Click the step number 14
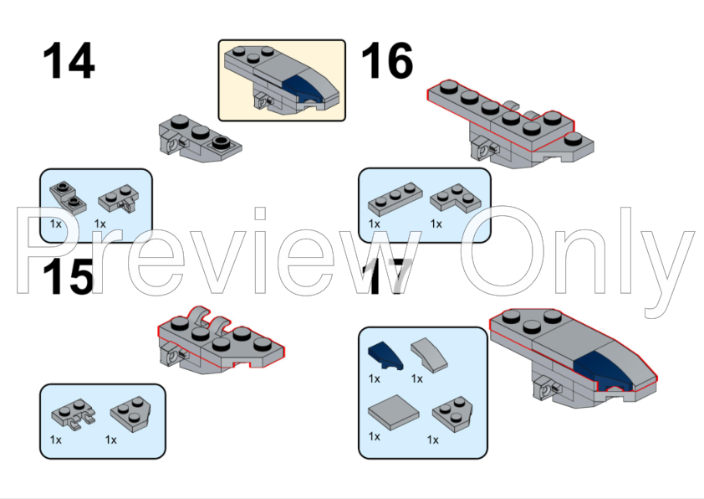point(69,60)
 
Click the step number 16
point(386,60)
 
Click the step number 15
point(69,277)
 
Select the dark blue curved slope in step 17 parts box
point(385,355)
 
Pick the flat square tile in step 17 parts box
point(394,412)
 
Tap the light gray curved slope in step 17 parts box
point(429,355)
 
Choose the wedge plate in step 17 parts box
point(452,414)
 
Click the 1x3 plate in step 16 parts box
point(395,198)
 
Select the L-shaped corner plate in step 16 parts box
point(455,198)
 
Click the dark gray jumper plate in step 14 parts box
point(69,198)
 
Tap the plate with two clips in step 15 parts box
point(74,414)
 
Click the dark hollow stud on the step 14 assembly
point(220,143)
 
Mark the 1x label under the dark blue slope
point(374,379)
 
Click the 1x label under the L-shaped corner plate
point(436,224)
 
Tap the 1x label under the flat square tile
point(374,436)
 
